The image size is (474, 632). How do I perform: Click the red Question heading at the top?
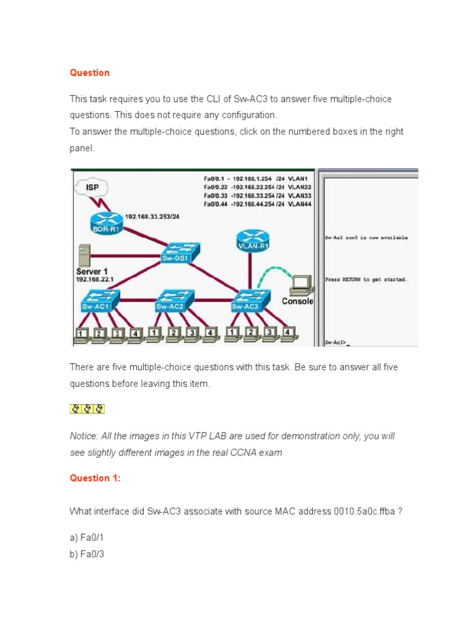tap(89, 73)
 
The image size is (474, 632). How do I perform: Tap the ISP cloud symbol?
tap(92, 187)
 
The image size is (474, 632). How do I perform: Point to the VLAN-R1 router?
tap(251, 239)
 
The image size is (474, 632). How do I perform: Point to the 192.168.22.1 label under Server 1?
tap(94, 280)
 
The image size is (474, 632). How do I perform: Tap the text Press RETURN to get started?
tap(366, 280)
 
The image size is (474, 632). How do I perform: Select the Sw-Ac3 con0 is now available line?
tap(366, 237)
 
